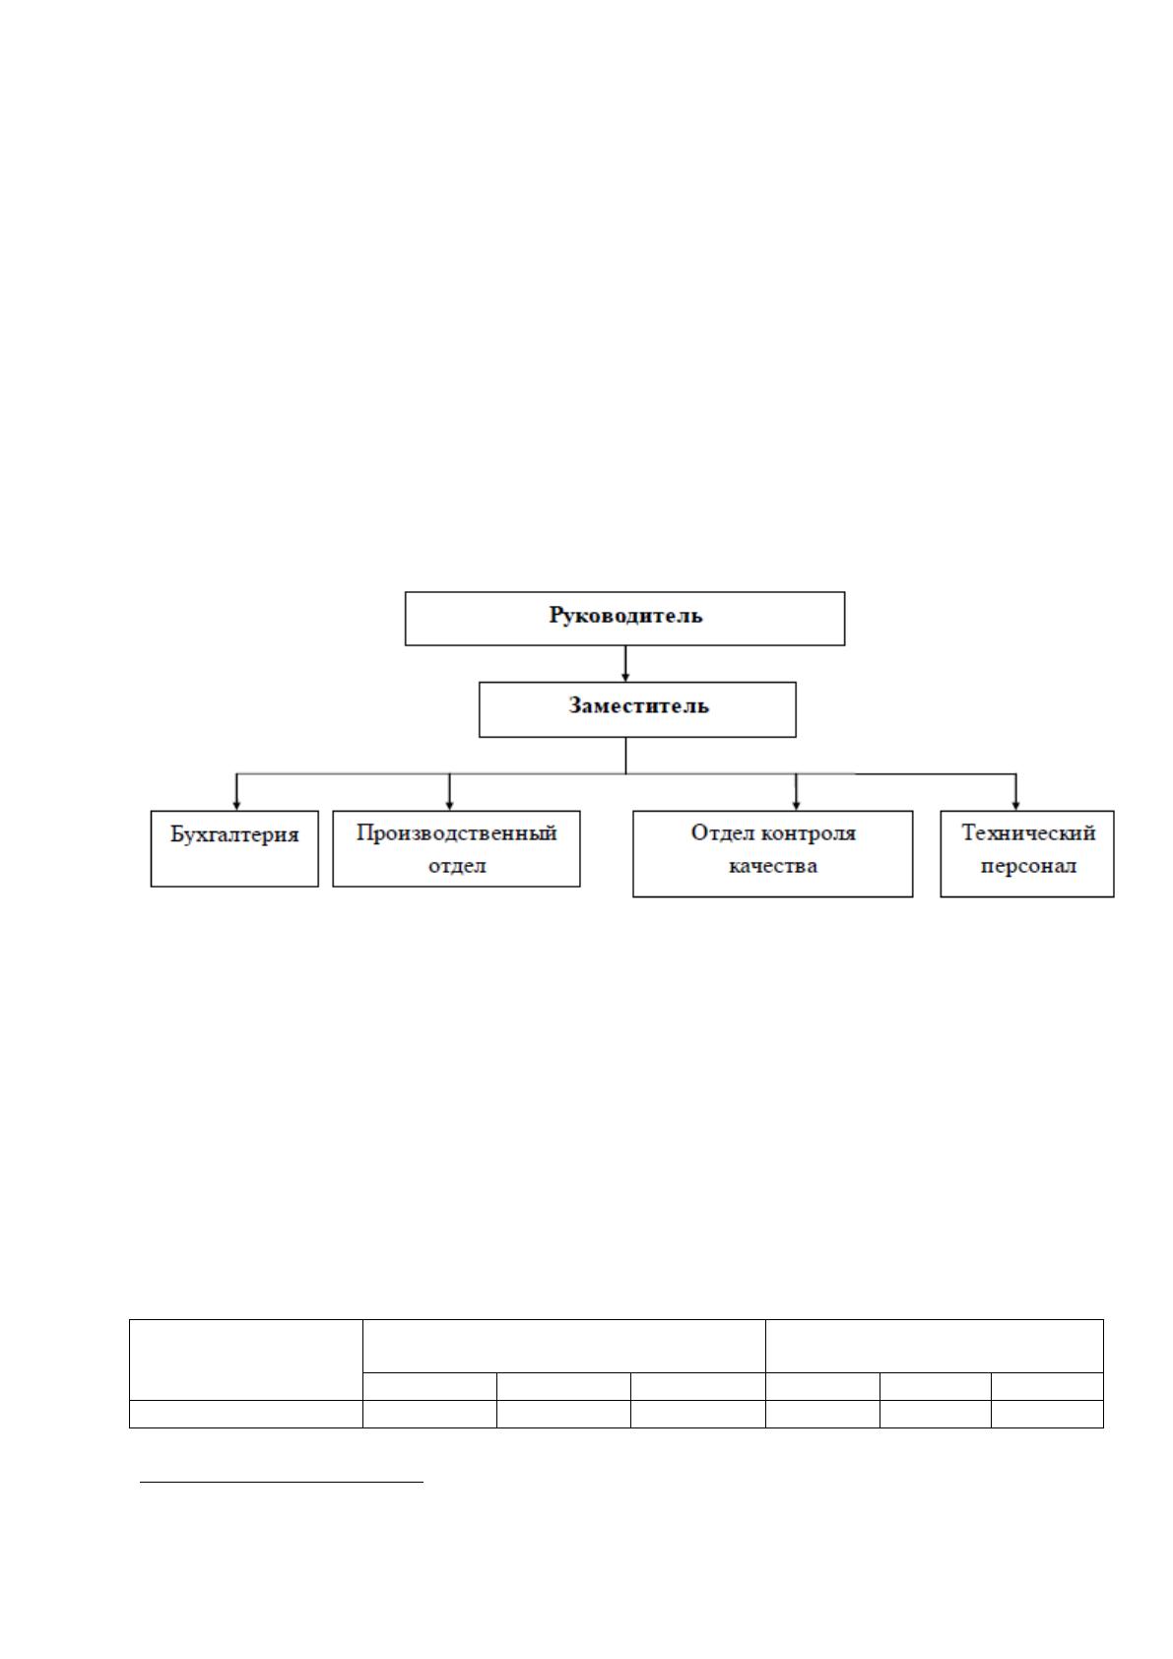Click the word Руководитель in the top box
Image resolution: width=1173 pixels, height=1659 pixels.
coord(625,616)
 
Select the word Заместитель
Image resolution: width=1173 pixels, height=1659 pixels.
coord(638,705)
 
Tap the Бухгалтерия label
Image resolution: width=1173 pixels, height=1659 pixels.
coord(234,835)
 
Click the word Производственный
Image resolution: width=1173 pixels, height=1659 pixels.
coord(456,834)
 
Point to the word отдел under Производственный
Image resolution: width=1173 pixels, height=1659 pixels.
coord(457,866)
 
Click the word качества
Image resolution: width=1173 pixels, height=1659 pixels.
coord(772,866)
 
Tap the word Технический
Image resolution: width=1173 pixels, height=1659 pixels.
coord(1028,833)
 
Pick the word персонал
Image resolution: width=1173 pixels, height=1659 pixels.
coord(1028,866)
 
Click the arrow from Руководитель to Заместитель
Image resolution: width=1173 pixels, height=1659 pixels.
coord(625,664)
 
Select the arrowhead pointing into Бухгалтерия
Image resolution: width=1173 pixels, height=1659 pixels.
coord(236,805)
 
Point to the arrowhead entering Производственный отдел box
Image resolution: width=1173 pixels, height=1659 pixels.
coord(449,805)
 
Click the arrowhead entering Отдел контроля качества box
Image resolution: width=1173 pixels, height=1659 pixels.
coord(796,805)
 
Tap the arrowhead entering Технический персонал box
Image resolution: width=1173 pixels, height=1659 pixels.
coord(1016,805)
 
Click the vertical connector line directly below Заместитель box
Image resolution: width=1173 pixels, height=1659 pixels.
coord(625,756)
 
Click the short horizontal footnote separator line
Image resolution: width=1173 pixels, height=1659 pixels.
coord(282,1482)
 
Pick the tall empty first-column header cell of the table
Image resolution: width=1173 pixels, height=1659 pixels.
coord(246,1360)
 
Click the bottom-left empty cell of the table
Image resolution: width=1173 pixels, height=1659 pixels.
coord(246,1414)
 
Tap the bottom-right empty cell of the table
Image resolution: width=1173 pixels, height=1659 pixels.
coord(1047,1414)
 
